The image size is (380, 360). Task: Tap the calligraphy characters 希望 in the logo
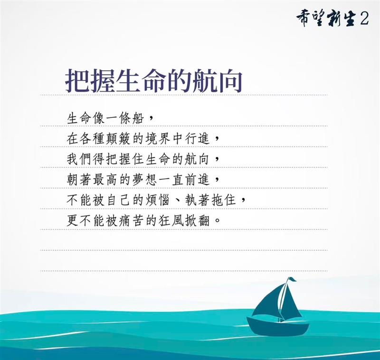point(311,19)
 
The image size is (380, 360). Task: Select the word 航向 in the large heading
point(217,80)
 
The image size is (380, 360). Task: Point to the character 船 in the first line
point(138,118)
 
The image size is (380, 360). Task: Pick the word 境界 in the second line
point(158,139)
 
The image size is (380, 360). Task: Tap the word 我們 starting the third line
point(79,160)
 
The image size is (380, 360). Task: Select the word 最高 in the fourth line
point(105,180)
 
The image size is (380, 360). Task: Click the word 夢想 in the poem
point(145,180)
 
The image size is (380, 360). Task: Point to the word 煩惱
point(158,201)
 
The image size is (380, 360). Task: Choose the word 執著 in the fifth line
point(198,201)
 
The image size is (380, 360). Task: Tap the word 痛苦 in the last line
point(132,221)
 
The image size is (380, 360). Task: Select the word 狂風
point(171,221)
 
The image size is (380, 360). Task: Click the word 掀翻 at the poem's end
point(198,221)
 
